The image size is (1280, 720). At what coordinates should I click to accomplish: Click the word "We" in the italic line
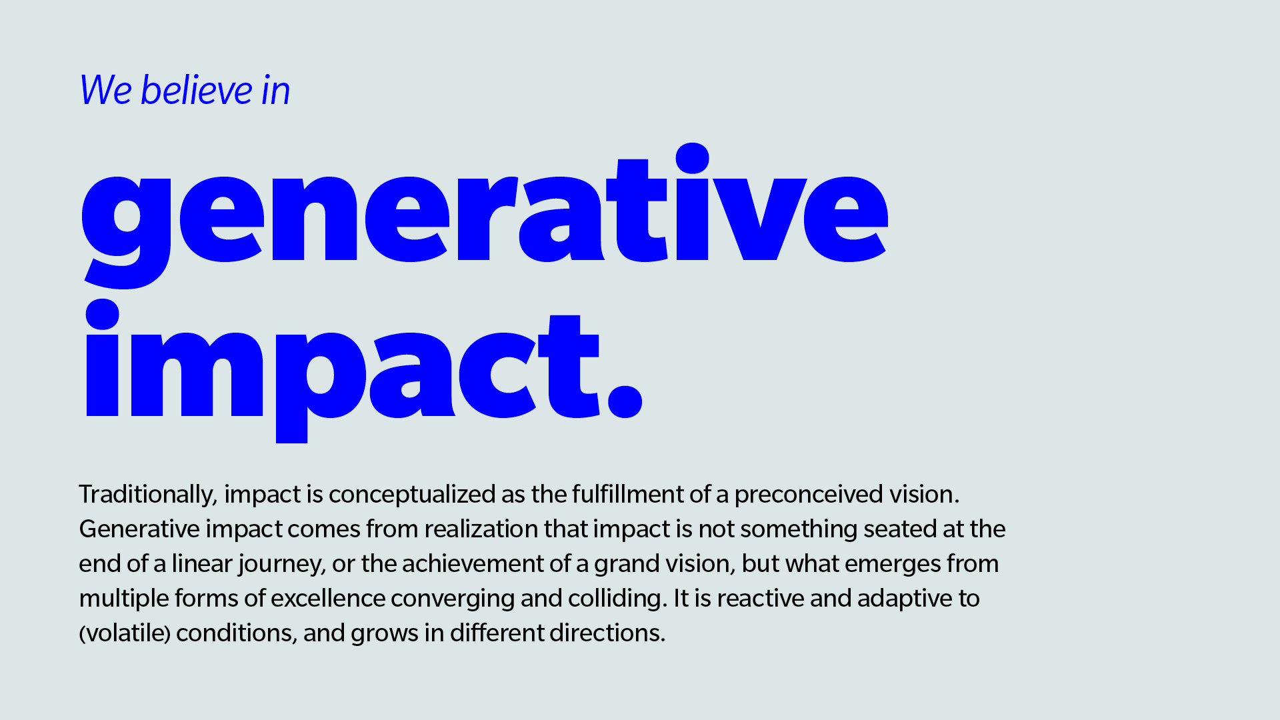point(105,90)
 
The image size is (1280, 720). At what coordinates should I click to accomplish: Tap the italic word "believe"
point(197,89)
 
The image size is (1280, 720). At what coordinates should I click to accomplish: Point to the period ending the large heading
point(625,400)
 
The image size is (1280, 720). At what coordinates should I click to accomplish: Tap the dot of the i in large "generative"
point(692,158)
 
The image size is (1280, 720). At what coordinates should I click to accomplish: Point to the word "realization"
point(481,529)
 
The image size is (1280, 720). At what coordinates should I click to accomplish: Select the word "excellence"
point(328,598)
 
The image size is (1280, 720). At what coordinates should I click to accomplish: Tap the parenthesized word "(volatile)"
point(125,633)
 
